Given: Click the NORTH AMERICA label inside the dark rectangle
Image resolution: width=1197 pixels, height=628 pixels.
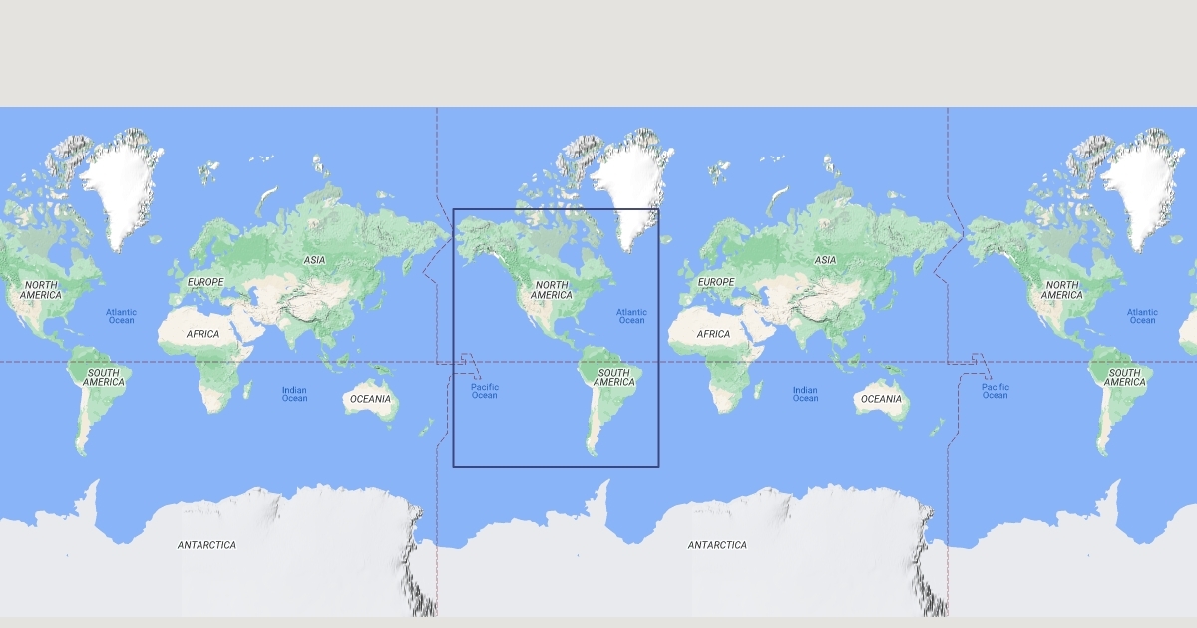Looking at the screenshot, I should click(x=552, y=290).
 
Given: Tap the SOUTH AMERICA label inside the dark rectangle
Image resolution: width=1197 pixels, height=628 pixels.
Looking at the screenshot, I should click(x=614, y=377).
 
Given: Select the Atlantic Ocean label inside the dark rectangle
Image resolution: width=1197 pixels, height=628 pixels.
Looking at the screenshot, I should click(x=631, y=316).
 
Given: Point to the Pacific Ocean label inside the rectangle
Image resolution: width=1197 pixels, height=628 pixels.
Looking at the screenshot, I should click(x=484, y=391).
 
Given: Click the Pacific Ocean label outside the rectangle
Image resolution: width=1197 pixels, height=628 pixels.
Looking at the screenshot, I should click(x=995, y=391).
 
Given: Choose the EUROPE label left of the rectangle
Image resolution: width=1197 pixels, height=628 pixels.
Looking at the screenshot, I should click(x=205, y=282).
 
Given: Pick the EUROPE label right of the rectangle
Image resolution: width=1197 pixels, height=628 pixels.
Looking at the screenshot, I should click(x=716, y=282).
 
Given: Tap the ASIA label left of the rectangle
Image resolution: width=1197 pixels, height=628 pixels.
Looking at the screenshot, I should click(x=315, y=260).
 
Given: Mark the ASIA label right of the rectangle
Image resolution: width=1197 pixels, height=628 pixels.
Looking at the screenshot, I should click(x=826, y=260).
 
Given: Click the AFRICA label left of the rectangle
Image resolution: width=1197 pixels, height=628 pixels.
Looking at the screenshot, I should click(x=202, y=334).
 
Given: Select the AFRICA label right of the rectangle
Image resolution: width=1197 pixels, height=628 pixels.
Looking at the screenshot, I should click(x=713, y=334).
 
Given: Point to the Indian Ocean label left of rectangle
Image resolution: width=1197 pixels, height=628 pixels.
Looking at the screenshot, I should click(x=294, y=394).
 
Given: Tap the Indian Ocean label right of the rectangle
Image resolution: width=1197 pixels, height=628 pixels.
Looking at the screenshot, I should click(x=805, y=394).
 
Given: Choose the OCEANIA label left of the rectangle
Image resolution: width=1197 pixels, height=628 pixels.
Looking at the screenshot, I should click(x=370, y=399).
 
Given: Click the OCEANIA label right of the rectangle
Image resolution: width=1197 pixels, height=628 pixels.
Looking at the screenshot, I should click(x=881, y=399).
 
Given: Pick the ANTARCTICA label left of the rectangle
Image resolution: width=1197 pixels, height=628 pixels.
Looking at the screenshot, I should click(x=206, y=545).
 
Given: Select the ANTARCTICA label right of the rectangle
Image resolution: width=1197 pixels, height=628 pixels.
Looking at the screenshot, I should click(x=717, y=545).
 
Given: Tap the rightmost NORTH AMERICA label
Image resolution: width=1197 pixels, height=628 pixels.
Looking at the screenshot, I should click(x=1062, y=290).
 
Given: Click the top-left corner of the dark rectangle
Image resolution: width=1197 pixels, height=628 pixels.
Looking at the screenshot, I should click(x=453, y=209).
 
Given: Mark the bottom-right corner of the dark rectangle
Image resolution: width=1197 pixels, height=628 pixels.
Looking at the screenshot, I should click(x=659, y=466).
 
